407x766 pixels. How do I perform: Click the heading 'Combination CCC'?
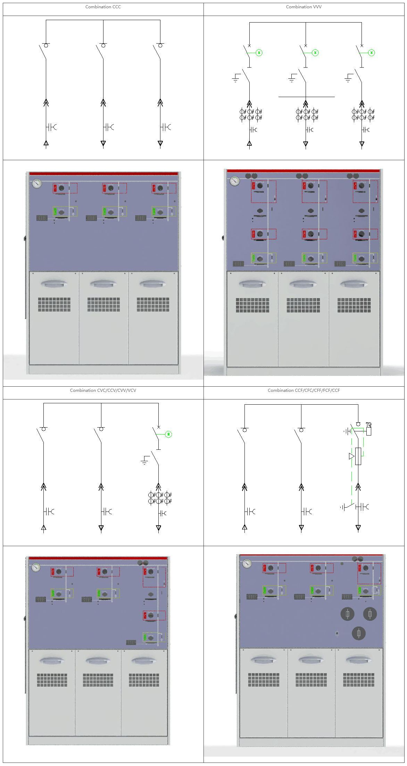point(103,7)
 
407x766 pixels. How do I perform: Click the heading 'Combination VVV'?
point(304,7)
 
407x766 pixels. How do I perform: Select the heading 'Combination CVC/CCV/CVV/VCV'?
point(103,390)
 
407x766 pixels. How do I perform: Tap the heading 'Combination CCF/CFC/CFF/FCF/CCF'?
point(304,390)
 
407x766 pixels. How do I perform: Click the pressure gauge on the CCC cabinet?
point(37,183)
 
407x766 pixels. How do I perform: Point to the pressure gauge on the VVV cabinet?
point(235,181)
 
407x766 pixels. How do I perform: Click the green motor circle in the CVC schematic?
point(168,434)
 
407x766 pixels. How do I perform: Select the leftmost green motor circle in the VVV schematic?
point(259,53)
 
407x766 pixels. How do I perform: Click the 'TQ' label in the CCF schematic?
point(368,424)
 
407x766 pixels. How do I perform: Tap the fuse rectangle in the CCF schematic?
point(358,456)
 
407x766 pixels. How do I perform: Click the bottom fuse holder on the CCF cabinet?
point(358,633)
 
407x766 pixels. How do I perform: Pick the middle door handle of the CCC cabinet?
point(103,284)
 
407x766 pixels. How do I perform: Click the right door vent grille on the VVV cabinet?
point(354,305)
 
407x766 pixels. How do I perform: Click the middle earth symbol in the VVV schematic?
point(292,78)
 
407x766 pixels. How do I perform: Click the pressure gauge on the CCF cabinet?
point(247,563)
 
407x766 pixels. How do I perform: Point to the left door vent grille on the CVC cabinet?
point(52,680)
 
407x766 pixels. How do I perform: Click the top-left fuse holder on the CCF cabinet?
point(347,614)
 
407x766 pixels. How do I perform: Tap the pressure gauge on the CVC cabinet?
point(36,567)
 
